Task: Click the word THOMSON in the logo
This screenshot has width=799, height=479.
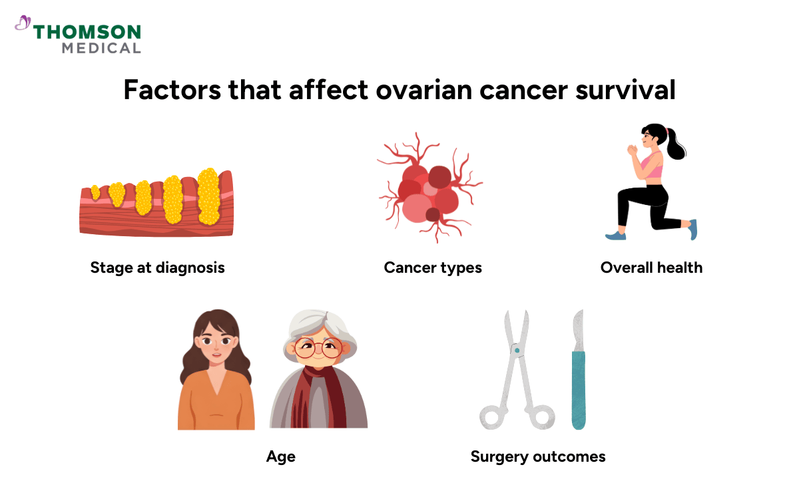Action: (87, 32)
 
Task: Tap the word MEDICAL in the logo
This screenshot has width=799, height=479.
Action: (101, 48)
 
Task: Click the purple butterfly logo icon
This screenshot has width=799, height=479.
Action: (23, 24)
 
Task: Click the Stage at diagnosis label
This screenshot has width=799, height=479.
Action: (158, 267)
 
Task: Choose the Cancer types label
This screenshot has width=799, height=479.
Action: (433, 267)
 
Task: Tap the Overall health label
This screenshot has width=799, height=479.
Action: (651, 267)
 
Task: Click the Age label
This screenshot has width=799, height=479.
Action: (280, 456)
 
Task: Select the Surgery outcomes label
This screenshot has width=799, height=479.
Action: (538, 456)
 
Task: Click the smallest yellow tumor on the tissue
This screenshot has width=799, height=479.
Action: (95, 193)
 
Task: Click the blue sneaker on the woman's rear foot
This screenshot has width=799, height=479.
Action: (693, 230)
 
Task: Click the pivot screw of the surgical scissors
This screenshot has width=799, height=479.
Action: (516, 348)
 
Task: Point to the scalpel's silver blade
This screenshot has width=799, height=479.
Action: (578, 329)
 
